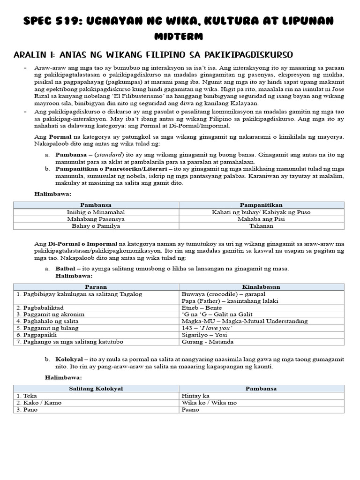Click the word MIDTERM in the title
click(x=180, y=36)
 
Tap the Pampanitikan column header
click(x=261, y=205)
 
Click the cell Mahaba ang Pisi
click(x=261, y=219)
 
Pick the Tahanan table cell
click(x=261, y=226)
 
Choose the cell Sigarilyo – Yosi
click(x=202, y=335)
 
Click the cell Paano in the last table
click(x=190, y=410)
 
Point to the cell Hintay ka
click(x=195, y=396)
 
